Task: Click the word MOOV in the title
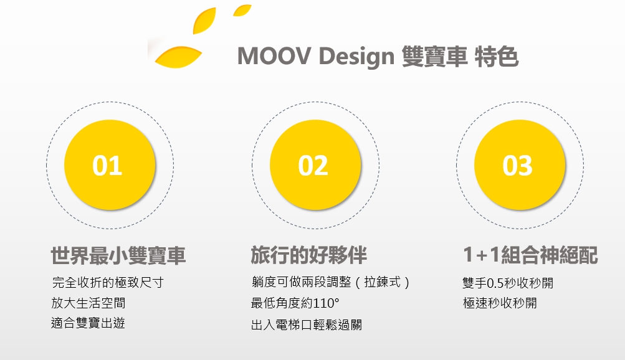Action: tap(274, 55)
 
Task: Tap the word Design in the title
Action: tap(357, 57)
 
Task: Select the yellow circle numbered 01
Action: tap(110, 165)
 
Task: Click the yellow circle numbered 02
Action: tap(315, 165)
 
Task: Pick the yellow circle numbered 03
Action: tap(520, 165)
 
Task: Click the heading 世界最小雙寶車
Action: tap(118, 255)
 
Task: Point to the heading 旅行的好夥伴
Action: tap(309, 255)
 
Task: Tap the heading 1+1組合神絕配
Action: tap(530, 255)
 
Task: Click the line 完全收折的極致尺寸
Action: tap(108, 282)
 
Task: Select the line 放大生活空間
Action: tap(88, 303)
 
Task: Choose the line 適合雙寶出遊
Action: tap(88, 323)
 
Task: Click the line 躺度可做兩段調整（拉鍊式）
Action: tap(331, 282)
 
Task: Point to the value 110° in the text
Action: tap(327, 303)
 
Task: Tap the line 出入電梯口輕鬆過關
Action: tap(307, 325)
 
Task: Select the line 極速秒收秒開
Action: tap(500, 303)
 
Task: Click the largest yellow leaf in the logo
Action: tap(178, 57)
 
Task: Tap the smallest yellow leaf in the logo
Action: tap(242, 10)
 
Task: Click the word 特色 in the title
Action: tap(497, 56)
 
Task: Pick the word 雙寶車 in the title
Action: tap(434, 56)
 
